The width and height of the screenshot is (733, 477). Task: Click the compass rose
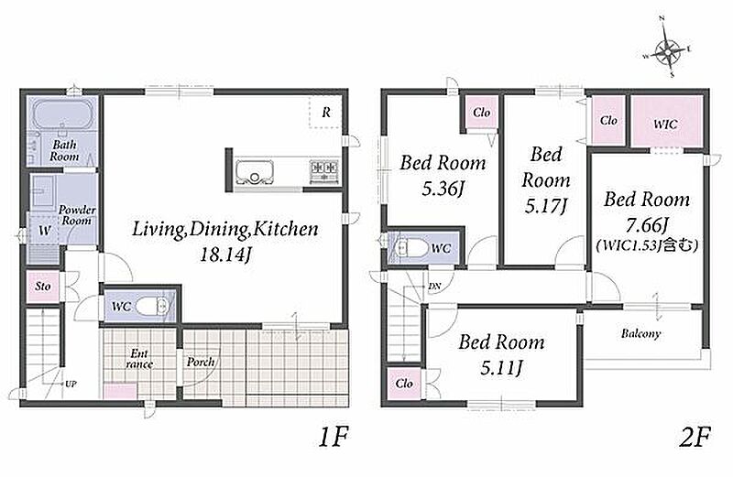(x=668, y=49)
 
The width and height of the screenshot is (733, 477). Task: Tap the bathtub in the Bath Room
(x=61, y=115)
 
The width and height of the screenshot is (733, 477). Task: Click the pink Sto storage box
(x=42, y=286)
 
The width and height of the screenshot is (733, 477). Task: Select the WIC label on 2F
(x=665, y=125)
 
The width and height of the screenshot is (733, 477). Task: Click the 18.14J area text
(x=225, y=255)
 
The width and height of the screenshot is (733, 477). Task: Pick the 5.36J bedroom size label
(x=443, y=189)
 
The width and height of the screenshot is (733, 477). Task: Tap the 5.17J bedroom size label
(x=545, y=206)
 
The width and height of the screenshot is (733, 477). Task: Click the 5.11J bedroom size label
(x=500, y=368)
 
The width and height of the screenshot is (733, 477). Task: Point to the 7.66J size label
(x=647, y=224)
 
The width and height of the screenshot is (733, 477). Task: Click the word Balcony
(x=640, y=333)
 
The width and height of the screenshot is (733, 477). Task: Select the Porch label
(x=201, y=362)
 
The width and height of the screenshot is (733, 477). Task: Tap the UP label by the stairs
(x=71, y=384)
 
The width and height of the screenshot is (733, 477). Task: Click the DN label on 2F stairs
(x=434, y=287)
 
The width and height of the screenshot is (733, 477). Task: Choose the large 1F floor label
(x=334, y=438)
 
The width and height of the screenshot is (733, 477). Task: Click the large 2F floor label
(x=695, y=438)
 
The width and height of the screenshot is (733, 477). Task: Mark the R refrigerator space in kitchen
(x=326, y=113)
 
